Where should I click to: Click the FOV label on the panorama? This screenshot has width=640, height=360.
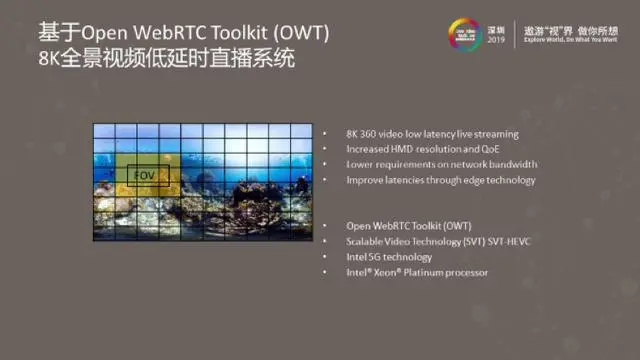click(144, 174)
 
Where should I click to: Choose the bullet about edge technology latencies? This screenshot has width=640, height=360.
click(440, 180)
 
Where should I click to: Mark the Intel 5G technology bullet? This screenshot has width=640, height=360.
click(389, 256)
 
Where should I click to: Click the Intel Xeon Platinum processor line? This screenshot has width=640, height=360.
click(417, 272)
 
